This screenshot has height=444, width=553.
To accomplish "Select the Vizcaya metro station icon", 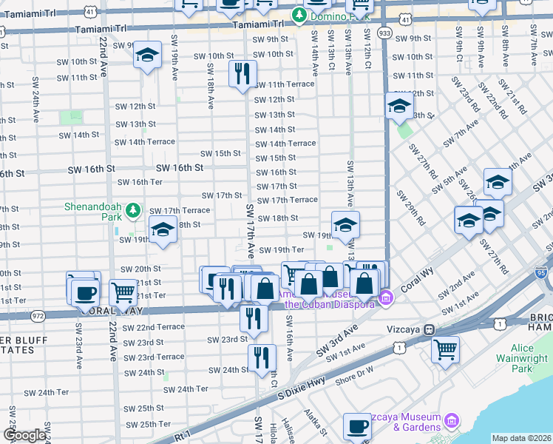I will coord(438,329).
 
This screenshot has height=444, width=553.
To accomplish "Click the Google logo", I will coord(24,435).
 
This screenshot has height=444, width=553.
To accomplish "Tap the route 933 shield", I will coord(384,33).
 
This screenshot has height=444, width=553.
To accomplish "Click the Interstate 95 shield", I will coord(542,272).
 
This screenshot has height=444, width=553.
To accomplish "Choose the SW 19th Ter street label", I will coord(280,250).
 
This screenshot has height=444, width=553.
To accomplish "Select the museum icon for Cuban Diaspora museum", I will coord(384,298).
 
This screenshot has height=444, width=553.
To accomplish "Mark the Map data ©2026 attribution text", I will coord(520,438).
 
